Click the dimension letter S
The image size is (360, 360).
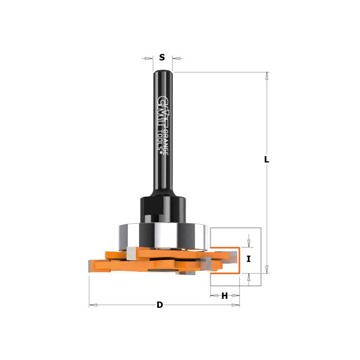pyautogui.click(x=162, y=57)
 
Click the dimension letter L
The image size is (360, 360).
pyautogui.click(x=266, y=159)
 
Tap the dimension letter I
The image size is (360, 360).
pyautogui.click(x=249, y=259)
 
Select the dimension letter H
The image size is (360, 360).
pyautogui.click(x=225, y=296)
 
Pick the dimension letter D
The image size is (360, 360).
pyautogui.click(x=160, y=305)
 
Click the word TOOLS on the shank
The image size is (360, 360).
pyautogui.click(x=160, y=140)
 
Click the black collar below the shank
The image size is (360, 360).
pyautogui.click(x=163, y=209)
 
